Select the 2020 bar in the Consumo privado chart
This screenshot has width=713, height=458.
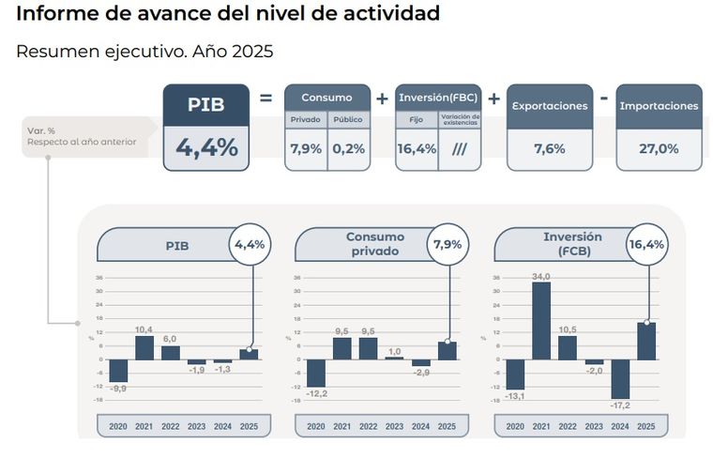pyautogui.click(x=316, y=373)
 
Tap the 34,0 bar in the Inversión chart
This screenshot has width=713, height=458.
pyautogui.click(x=540, y=321)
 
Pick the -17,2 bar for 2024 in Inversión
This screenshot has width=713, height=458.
pyautogui.click(x=620, y=379)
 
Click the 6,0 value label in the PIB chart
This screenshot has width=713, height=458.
pyautogui.click(x=170, y=340)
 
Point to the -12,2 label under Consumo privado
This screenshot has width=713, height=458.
pyautogui.click(x=316, y=392)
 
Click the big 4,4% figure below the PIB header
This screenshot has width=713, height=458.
pyautogui.click(x=206, y=147)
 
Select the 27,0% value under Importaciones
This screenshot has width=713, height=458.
pyautogui.click(x=659, y=147)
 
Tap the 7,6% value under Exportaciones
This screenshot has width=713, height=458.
pyautogui.click(x=549, y=147)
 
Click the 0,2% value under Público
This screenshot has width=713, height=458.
pyautogui.click(x=348, y=147)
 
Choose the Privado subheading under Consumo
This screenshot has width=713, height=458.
pyautogui.click(x=306, y=120)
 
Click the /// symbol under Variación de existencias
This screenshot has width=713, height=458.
pyautogui.click(x=460, y=147)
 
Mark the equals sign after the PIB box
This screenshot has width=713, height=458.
pyautogui.click(x=265, y=97)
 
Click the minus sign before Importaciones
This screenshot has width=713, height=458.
pyautogui.click(x=603, y=97)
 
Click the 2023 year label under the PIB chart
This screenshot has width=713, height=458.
pyautogui.click(x=196, y=427)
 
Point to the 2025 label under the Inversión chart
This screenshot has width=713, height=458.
pyautogui.click(x=646, y=427)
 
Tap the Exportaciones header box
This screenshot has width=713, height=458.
pyautogui.click(x=549, y=106)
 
